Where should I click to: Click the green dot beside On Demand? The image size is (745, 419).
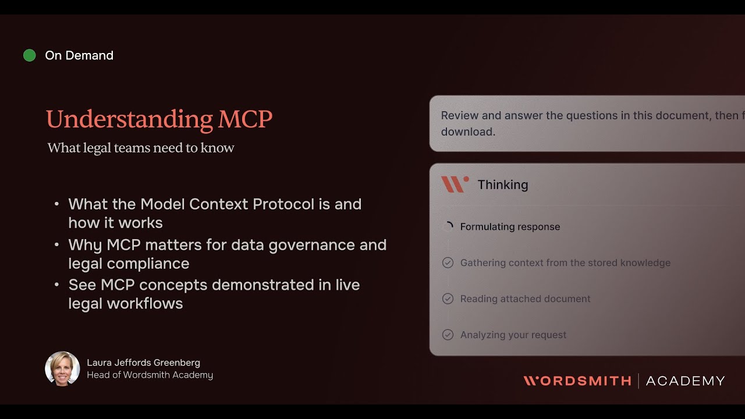pyautogui.click(x=29, y=55)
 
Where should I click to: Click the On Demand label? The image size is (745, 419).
pyautogui.click(x=79, y=55)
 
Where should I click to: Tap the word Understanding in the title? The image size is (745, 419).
pyautogui.click(x=129, y=119)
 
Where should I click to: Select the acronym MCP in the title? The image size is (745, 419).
pyautogui.click(x=245, y=119)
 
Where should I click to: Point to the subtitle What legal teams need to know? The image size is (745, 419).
pyautogui.click(x=141, y=148)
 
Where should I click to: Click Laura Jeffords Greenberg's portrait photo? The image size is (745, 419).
pyautogui.click(x=62, y=368)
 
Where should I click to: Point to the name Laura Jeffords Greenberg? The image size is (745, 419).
pyautogui.click(x=143, y=363)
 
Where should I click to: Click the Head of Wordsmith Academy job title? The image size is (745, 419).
pyautogui.click(x=150, y=375)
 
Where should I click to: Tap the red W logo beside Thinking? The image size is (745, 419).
pyautogui.click(x=455, y=184)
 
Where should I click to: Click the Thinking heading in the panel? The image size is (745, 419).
pyautogui.click(x=503, y=184)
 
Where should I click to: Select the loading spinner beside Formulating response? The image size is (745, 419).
pyautogui.click(x=448, y=227)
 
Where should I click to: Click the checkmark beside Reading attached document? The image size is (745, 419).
pyautogui.click(x=448, y=299)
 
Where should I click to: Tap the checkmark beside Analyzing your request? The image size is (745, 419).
pyautogui.click(x=448, y=335)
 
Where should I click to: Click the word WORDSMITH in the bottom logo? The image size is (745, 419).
pyautogui.click(x=577, y=381)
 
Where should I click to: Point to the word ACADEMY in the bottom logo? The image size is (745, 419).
pyautogui.click(x=685, y=381)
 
